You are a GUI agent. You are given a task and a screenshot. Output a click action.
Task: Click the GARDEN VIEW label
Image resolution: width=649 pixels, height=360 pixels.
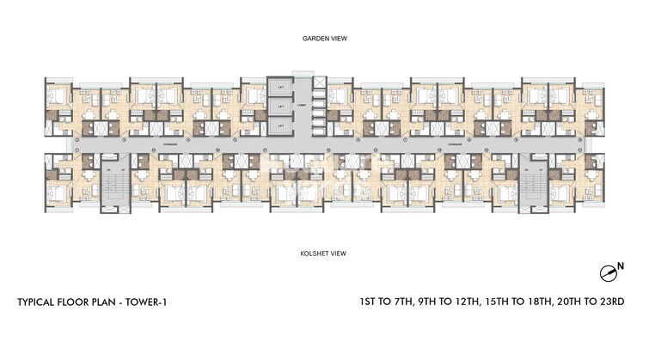[x=324, y=39]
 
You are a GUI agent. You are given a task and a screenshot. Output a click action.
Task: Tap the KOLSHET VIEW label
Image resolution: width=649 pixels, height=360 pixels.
[x=324, y=253]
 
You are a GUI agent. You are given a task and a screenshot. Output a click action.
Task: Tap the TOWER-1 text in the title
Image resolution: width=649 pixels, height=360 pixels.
[x=156, y=302]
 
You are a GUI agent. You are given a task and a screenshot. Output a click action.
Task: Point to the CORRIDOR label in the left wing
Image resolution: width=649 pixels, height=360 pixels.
[x=169, y=146]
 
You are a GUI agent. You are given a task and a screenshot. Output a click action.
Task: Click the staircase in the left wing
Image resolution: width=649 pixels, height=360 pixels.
[x=113, y=185]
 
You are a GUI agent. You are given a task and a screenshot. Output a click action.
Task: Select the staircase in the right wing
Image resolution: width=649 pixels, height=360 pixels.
[x=531, y=185]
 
